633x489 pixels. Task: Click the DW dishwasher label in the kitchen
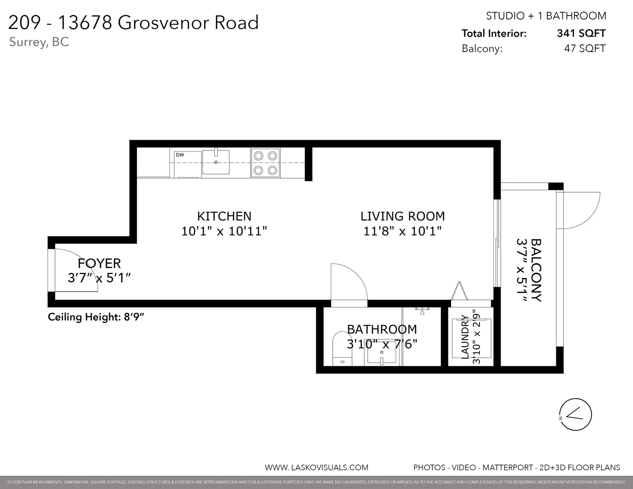tap(180, 155)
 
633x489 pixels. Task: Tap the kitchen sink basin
tap(216, 162)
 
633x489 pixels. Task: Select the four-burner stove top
tap(265, 163)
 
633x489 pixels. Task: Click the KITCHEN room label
tap(224, 216)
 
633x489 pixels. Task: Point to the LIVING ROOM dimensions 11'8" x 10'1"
tap(402, 231)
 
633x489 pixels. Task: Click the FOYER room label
tap(99, 264)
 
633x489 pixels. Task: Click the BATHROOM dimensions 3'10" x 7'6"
tap(382, 344)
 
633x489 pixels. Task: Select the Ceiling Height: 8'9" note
tap(96, 317)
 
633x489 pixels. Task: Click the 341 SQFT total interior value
tap(581, 33)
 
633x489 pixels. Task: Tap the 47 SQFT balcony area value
tap(585, 48)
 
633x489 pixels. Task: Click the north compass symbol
tap(575, 414)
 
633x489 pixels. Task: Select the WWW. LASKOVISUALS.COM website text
tap(316, 468)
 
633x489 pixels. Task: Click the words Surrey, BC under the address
tap(39, 42)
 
